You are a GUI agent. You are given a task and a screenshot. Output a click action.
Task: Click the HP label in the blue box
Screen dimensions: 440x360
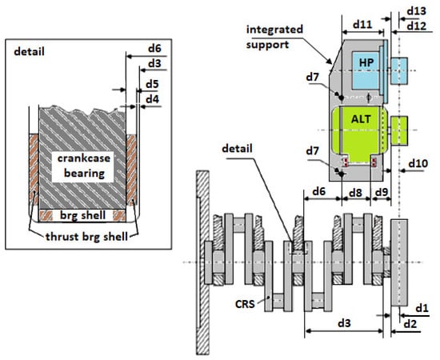tap(366, 62)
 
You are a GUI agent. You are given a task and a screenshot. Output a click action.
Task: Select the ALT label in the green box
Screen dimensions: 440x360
tap(361, 119)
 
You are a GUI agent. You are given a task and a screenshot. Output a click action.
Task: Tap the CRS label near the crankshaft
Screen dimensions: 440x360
tap(245, 304)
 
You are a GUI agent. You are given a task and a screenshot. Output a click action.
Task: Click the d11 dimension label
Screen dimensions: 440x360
tap(362, 25)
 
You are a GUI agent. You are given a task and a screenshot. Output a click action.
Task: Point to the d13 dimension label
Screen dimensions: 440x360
tap(416, 11)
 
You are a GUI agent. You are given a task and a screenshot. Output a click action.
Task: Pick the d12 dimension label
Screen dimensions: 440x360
tap(416, 26)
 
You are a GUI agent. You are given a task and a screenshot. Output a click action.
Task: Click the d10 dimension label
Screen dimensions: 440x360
tap(418, 163)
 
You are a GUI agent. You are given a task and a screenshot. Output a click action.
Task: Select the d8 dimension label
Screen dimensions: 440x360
tap(355, 193)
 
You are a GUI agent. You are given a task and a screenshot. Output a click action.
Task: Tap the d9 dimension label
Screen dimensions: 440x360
tap(382, 192)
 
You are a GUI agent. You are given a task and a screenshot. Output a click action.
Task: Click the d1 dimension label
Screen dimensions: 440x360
tap(422, 308)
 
